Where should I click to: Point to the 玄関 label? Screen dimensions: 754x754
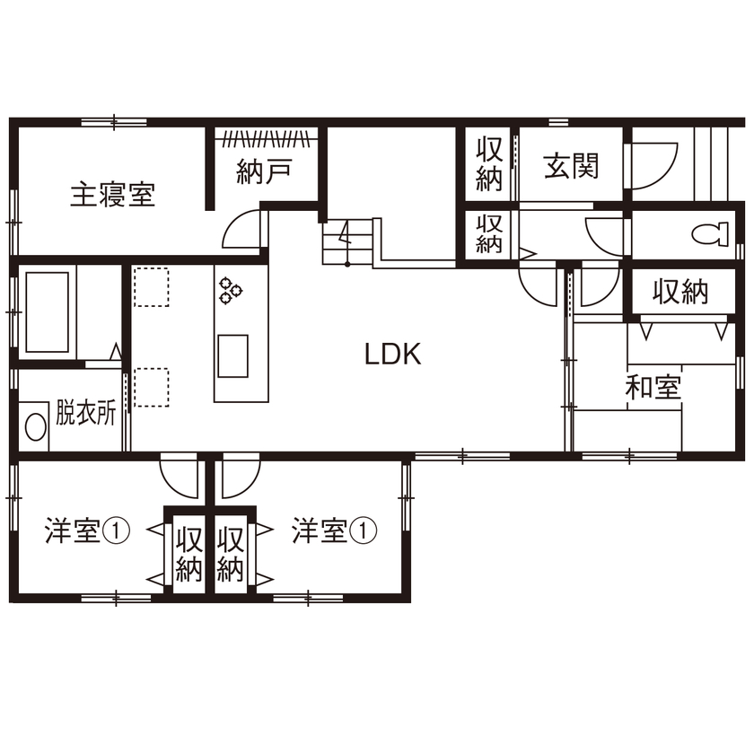571,166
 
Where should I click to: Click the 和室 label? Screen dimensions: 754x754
653,389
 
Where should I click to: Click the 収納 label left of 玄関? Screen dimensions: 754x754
489,163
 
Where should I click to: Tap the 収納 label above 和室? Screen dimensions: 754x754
679,291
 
